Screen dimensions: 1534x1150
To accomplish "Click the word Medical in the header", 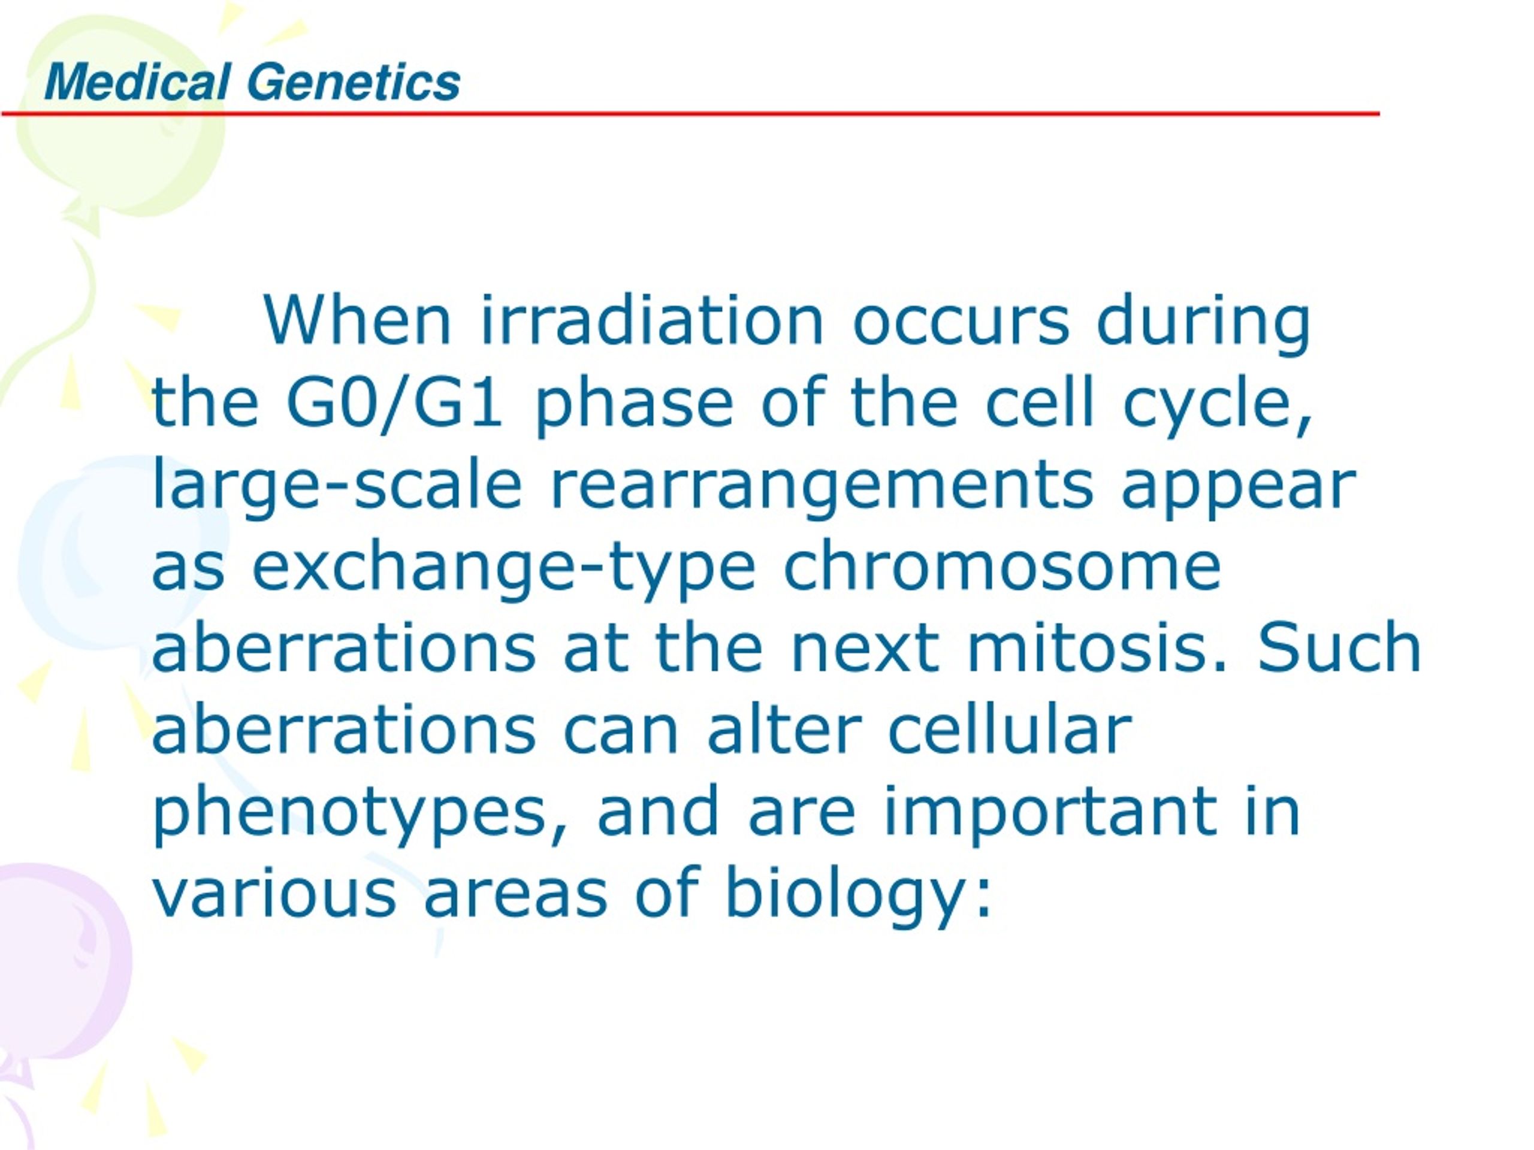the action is pyautogui.click(x=137, y=83).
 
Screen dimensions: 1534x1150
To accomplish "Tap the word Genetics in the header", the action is pyautogui.click(x=353, y=83).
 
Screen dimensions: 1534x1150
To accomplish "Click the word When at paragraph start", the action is pyautogui.click(x=357, y=320).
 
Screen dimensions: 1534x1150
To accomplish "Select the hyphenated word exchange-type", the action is pyautogui.click(x=503, y=569).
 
